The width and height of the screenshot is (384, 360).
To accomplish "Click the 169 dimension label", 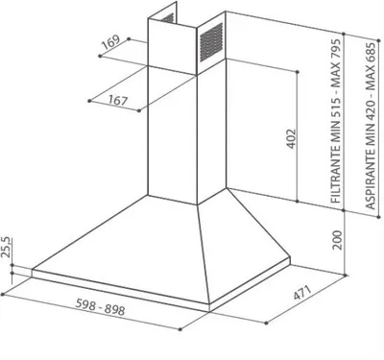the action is pos(110,42).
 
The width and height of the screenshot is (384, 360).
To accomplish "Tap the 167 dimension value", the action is pos(118,101).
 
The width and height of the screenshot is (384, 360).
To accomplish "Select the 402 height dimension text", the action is pos(291,139).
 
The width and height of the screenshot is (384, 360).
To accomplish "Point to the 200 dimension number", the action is pos(337,240).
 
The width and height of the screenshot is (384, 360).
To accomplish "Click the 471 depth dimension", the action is pos(302,293).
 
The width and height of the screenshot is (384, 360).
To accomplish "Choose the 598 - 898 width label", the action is pos(100,306).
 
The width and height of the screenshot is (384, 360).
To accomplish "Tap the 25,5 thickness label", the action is pos(7,247).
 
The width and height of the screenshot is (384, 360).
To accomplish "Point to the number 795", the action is pos(336,49).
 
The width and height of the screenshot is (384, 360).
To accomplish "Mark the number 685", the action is pos(371,53).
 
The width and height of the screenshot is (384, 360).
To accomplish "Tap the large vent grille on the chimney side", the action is pos(211,42).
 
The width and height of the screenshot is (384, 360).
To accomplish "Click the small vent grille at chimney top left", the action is pos(168,18).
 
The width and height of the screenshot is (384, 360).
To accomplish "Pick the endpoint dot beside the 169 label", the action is pos(129,38).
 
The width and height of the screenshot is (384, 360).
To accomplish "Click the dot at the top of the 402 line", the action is pos(298,72).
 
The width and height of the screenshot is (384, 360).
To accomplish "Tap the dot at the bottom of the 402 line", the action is pos(298,202).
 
